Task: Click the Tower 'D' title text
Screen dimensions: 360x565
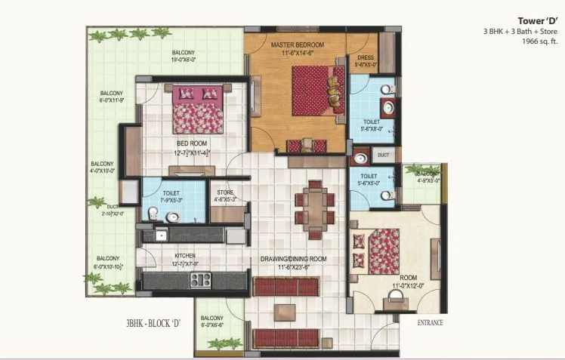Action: coord(537,20)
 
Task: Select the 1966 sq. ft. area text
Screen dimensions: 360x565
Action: coord(539,42)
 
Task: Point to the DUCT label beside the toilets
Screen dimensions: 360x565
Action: coord(383,155)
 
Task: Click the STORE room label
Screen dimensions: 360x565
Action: coord(226,192)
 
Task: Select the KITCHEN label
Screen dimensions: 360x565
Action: coord(185,255)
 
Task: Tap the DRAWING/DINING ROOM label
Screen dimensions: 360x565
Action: coord(294,259)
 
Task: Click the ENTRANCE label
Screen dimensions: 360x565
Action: coord(430,323)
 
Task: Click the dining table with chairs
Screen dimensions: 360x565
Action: coord(311,206)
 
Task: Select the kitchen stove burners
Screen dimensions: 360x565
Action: coord(200,280)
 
